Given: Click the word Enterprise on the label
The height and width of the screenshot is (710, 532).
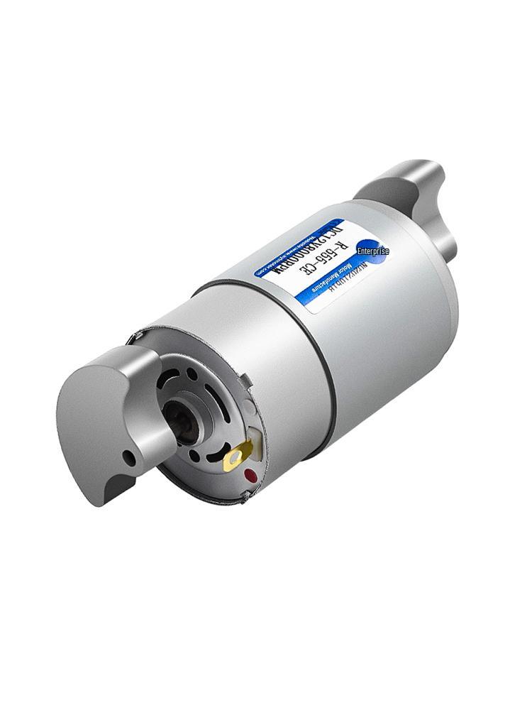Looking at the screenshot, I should [x=373, y=251].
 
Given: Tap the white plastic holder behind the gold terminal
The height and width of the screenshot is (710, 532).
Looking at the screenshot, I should [x=253, y=447].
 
